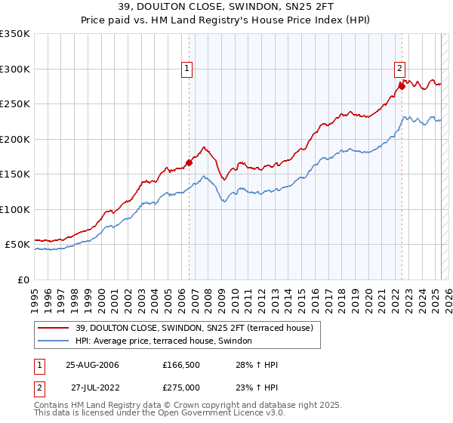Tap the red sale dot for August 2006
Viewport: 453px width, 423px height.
click(189, 162)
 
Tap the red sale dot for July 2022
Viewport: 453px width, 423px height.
click(402, 86)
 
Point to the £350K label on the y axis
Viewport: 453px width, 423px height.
click(15, 34)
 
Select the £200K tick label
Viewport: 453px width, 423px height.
click(15, 139)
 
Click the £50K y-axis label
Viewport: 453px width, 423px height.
click(17, 245)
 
